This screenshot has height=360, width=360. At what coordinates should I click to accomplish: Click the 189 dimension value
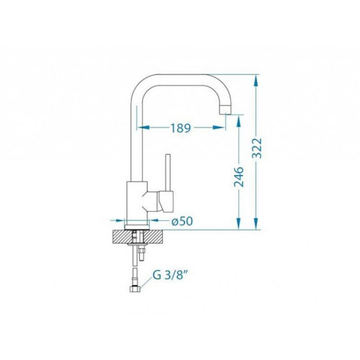tap(181, 128)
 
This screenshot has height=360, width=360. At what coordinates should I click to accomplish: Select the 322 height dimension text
tap(257, 148)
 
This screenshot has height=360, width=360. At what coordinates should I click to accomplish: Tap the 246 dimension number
tap(238, 176)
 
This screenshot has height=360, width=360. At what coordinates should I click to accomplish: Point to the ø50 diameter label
tap(182, 221)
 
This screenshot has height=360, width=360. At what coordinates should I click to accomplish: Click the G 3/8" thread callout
tap(169, 275)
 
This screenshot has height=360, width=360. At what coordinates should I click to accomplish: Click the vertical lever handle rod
tap(168, 173)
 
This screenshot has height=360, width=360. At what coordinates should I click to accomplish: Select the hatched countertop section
tap(138, 236)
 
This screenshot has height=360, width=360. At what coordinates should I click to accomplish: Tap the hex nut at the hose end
tap(135, 289)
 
